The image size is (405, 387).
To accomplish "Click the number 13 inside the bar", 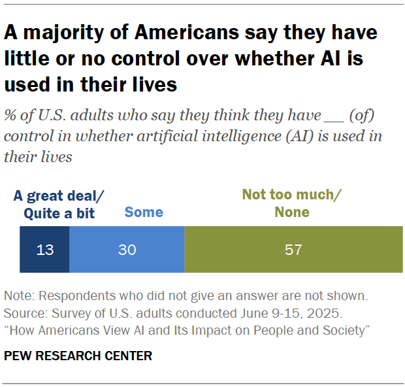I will pos(44,249).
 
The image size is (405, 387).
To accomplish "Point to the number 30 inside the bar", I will pos(126,249).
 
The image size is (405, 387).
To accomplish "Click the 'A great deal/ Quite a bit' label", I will pos(59,204).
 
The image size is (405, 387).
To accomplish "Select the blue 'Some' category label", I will pos(143,212).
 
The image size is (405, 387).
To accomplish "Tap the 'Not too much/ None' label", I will pos(291,203).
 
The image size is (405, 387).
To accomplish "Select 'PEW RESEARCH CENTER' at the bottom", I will pos(78,356).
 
